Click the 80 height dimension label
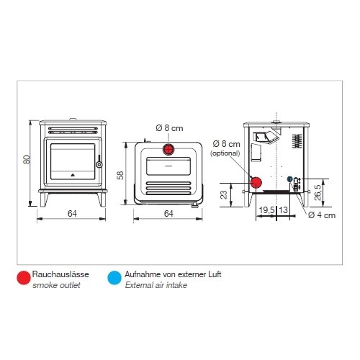(27, 160)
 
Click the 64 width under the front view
(72, 213)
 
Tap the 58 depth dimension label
(120, 175)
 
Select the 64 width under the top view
(168, 213)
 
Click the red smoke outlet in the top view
(168, 149)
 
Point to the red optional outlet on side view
(256, 183)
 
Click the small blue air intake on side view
(289, 179)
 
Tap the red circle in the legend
(24, 278)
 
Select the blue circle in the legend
(114, 278)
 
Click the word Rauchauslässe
(60, 274)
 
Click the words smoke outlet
(56, 285)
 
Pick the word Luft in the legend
(215, 274)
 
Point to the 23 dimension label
(224, 194)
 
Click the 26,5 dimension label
(317, 192)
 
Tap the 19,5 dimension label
(266, 210)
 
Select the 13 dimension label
(283, 210)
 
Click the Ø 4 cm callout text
(322, 215)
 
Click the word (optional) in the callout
(225, 153)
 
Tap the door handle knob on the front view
(99, 164)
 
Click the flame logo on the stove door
(73, 174)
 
